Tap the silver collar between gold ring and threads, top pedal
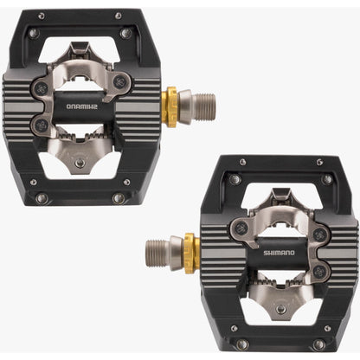(x=183, y=106)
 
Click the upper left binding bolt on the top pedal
(x=41, y=89)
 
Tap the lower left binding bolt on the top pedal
(x=41, y=125)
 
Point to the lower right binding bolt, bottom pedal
(x=320, y=272)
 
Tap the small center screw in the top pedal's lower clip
(x=80, y=162)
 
